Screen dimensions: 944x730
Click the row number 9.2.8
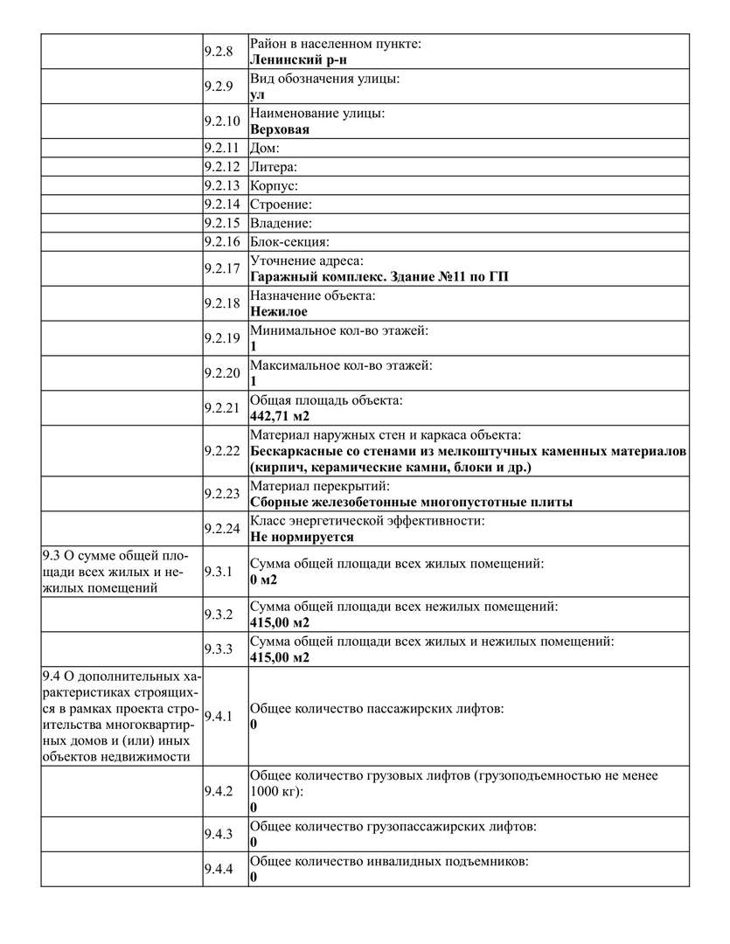click(x=218, y=51)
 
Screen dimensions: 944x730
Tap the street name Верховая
click(x=280, y=129)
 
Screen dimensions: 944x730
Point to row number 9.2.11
click(x=221, y=148)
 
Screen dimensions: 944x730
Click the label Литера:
click(x=274, y=166)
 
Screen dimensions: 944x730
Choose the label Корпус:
click(x=275, y=185)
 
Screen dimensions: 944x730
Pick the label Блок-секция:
click(x=289, y=242)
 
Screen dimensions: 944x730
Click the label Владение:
click(x=281, y=223)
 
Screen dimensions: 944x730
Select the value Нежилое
click(x=278, y=310)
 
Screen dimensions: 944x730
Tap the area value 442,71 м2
click(x=281, y=415)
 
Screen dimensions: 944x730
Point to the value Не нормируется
click(x=302, y=537)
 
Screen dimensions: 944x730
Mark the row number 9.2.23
click(x=221, y=494)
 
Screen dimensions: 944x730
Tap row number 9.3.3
click(x=218, y=649)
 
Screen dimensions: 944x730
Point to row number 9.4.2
click(x=218, y=791)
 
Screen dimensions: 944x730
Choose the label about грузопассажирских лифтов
click(x=393, y=825)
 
